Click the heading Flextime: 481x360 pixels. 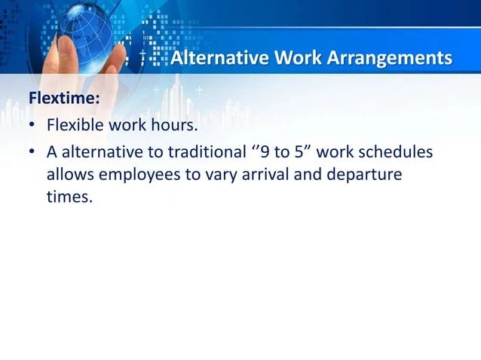[64, 99]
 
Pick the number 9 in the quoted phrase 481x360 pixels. [263, 152]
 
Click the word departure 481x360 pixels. [365, 175]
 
